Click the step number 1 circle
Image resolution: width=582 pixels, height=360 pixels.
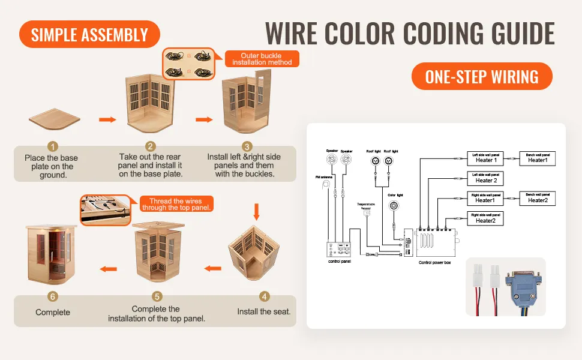53,146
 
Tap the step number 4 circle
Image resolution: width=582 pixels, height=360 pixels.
264,296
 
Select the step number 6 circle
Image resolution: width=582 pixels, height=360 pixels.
53,296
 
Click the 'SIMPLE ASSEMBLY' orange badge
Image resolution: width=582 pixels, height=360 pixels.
89,34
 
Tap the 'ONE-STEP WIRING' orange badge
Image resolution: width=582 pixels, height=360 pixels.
481,76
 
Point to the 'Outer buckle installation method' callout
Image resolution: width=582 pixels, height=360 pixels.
262,59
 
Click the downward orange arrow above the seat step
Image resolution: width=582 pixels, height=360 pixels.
257,211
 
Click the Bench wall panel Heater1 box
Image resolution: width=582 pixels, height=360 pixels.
538,158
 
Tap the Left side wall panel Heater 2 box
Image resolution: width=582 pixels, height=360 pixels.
484,178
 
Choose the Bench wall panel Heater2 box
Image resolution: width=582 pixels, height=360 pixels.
538,198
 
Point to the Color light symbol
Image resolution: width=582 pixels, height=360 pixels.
394,206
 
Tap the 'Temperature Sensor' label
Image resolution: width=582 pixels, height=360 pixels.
365,206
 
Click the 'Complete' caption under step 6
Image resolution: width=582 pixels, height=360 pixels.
53,312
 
